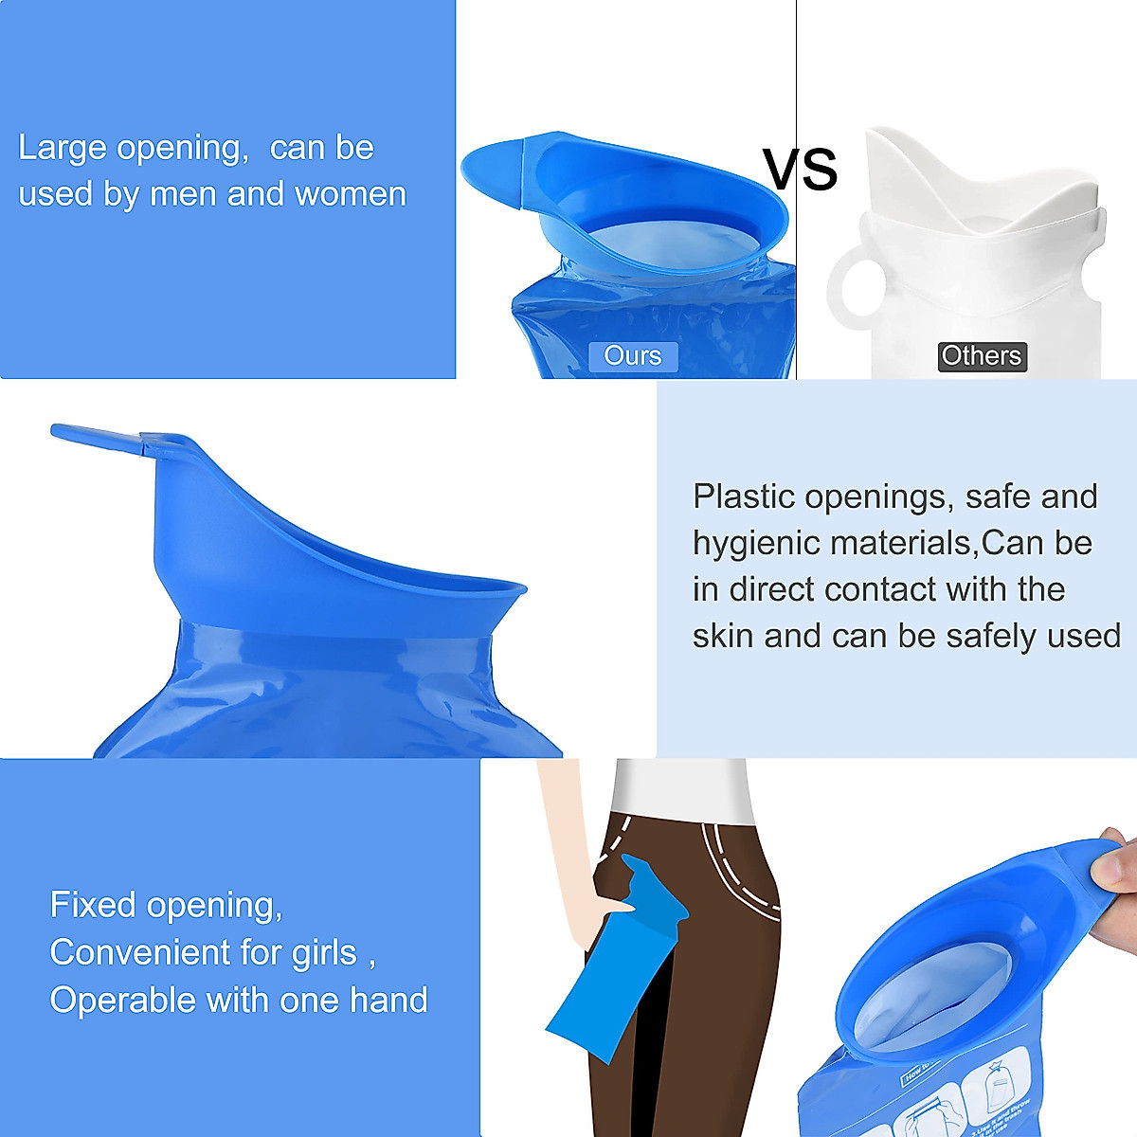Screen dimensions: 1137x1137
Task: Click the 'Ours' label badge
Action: point(632,356)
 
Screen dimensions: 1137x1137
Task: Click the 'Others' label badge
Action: point(982,356)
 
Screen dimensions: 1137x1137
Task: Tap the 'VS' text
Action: point(801,170)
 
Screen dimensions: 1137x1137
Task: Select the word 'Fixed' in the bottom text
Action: point(92,905)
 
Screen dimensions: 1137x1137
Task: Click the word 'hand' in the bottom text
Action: point(388,1001)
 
